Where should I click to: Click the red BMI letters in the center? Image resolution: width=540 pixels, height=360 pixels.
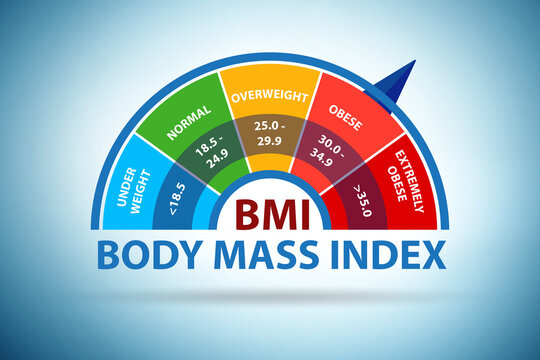click(271, 213)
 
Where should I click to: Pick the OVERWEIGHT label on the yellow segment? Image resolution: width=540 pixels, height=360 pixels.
click(270, 97)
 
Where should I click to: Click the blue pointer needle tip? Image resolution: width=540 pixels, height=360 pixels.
click(413, 63)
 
